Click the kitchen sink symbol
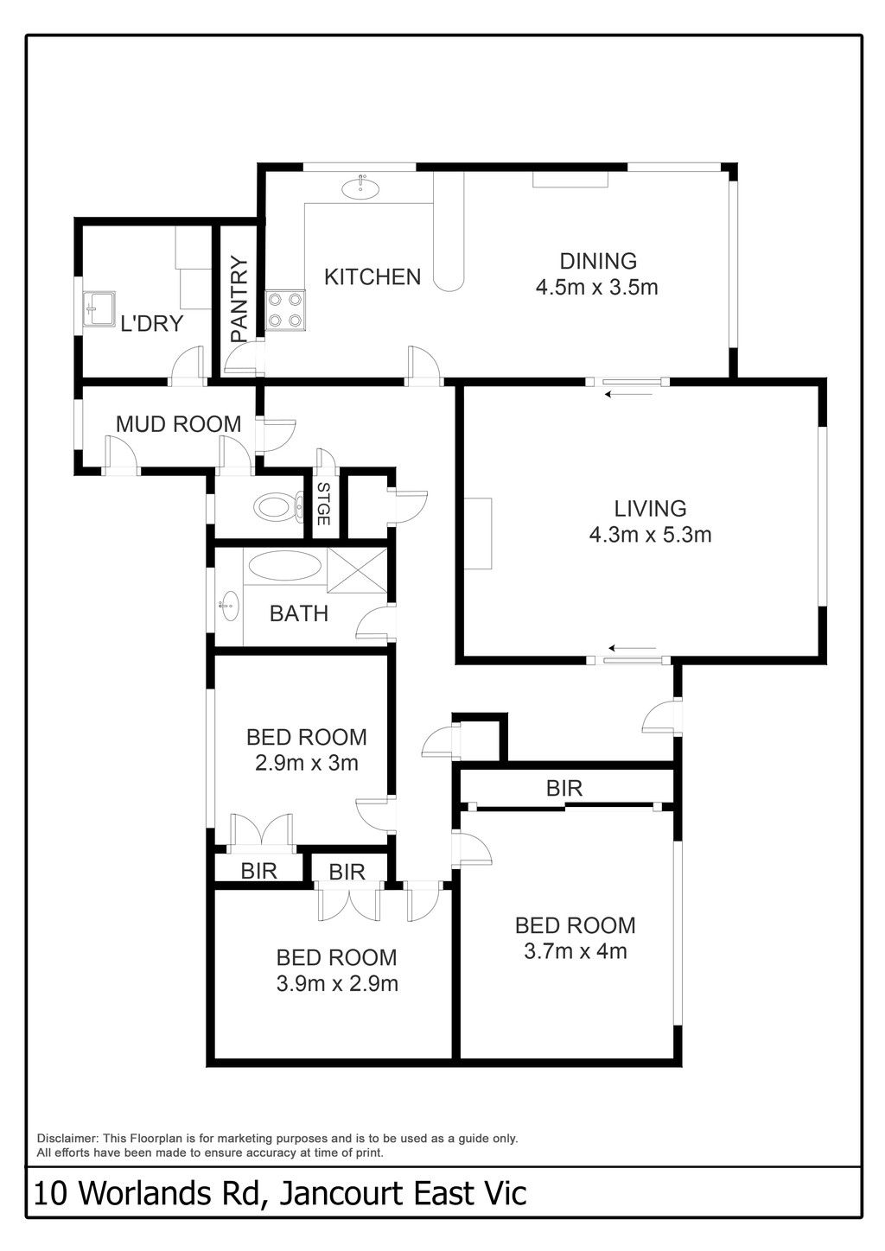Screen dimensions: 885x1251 click(x=360, y=187)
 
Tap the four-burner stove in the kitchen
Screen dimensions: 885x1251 click(x=285, y=310)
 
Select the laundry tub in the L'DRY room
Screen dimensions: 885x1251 click(x=99, y=308)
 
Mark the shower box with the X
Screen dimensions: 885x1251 click(x=357, y=569)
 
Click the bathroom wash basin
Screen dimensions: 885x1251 click(x=229, y=606)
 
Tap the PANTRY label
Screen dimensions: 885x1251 click(x=239, y=299)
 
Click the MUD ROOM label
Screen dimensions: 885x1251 click(x=178, y=424)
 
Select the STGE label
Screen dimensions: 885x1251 click(x=323, y=504)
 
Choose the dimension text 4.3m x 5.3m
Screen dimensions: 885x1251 click(x=650, y=535)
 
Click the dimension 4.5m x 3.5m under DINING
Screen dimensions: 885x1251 click(x=596, y=288)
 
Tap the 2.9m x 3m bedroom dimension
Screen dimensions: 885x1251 click(x=307, y=762)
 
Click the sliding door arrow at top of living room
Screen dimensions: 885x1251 click(x=628, y=394)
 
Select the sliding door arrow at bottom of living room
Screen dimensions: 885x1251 click(x=633, y=649)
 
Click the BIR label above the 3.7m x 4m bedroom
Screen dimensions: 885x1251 click(x=564, y=788)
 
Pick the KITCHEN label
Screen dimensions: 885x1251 click(x=372, y=277)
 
